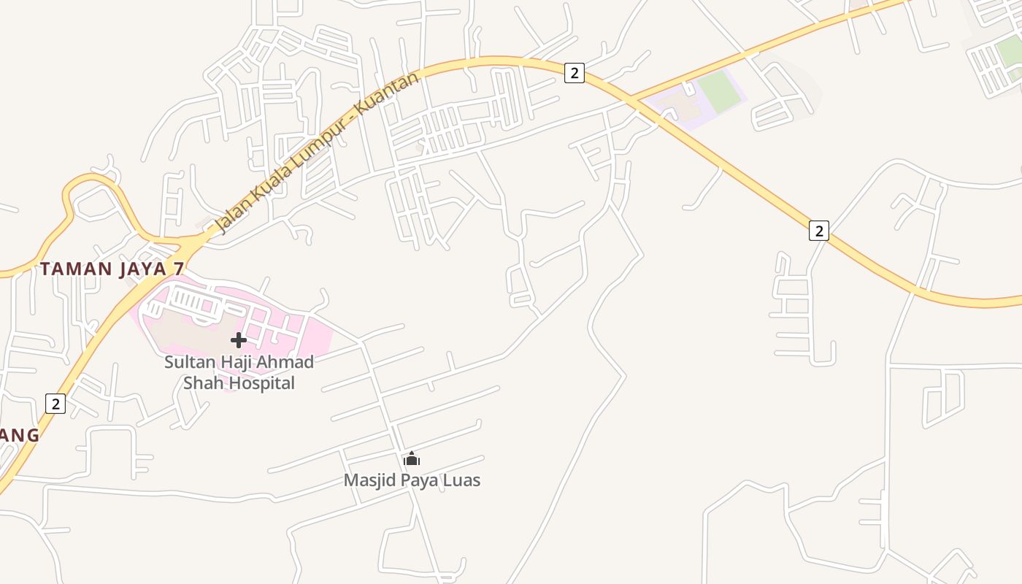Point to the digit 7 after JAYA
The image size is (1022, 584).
179,269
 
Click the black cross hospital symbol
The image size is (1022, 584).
239,340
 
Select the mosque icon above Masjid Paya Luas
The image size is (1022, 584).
412,459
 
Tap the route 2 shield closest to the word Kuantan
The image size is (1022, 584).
575,73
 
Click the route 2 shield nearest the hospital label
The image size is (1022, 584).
55,404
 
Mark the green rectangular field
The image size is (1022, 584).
719,92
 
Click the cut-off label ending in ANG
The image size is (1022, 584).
19,435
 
